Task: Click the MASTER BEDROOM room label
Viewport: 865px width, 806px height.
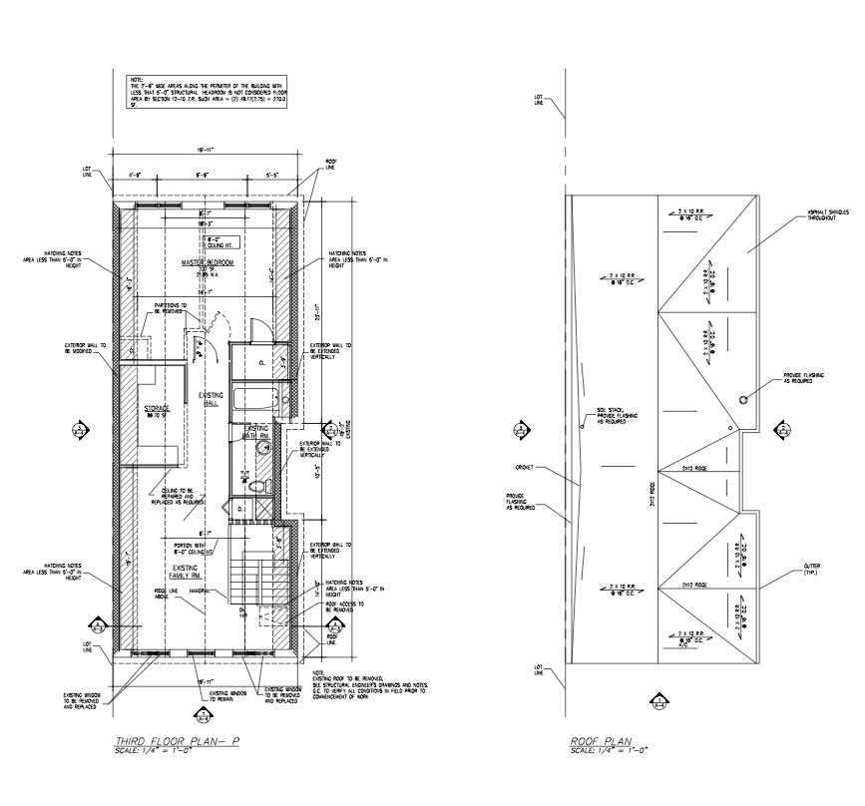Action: pos(207,262)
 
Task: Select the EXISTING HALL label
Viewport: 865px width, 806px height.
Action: pos(211,399)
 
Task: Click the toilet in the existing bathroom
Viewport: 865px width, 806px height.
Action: pos(258,485)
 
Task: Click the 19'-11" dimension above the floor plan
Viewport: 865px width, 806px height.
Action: pos(208,151)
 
